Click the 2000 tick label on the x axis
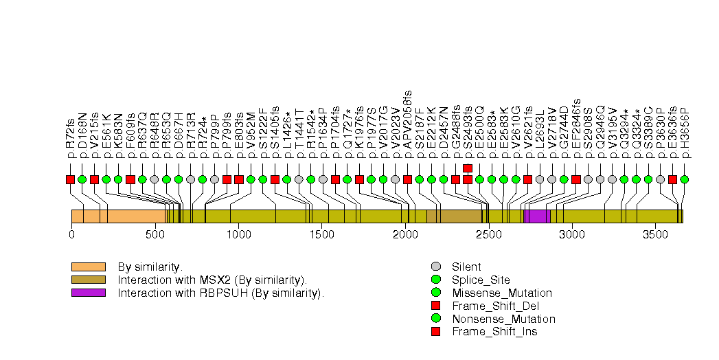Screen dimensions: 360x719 click(x=405, y=235)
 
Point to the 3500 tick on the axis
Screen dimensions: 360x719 click(x=655, y=235)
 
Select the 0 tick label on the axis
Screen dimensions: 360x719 click(x=71, y=235)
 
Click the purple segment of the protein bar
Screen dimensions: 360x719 click(x=539, y=216)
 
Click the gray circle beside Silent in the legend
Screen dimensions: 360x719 click(x=435, y=267)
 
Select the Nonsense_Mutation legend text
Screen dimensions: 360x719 click(x=503, y=319)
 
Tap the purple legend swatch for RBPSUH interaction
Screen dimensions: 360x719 click(x=88, y=293)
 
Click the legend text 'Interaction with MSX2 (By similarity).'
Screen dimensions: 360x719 click(x=212, y=280)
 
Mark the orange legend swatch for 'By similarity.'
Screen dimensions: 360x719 click(x=88, y=267)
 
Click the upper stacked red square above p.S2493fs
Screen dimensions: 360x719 click(x=468, y=168)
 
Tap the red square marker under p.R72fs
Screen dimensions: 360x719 click(x=70, y=179)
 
